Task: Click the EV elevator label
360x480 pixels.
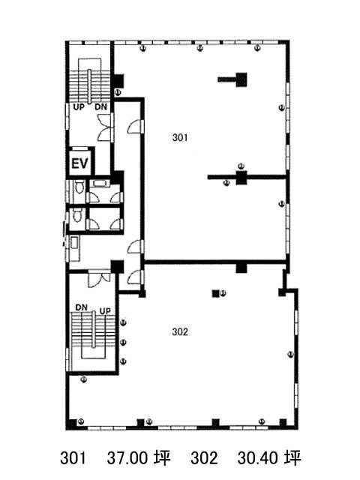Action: (x=79, y=163)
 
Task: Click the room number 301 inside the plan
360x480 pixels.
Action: (x=180, y=138)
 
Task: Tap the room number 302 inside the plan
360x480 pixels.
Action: (x=180, y=331)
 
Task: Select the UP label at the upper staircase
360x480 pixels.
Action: (x=79, y=107)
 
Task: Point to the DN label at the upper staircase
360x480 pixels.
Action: (x=100, y=107)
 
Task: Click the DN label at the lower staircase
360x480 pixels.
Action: (x=82, y=307)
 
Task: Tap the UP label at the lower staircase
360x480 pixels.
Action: (x=105, y=311)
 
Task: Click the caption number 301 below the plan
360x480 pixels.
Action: (x=73, y=458)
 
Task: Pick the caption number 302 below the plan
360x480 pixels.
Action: (x=204, y=458)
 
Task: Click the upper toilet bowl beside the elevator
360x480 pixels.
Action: (x=79, y=187)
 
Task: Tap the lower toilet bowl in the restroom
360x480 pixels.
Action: (x=78, y=215)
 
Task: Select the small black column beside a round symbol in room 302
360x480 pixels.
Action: (x=215, y=293)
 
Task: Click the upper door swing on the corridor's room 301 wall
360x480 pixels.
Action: (x=135, y=127)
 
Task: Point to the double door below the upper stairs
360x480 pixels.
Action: (x=105, y=127)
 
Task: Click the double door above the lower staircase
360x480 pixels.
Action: (x=99, y=278)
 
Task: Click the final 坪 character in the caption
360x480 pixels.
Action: (x=293, y=458)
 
